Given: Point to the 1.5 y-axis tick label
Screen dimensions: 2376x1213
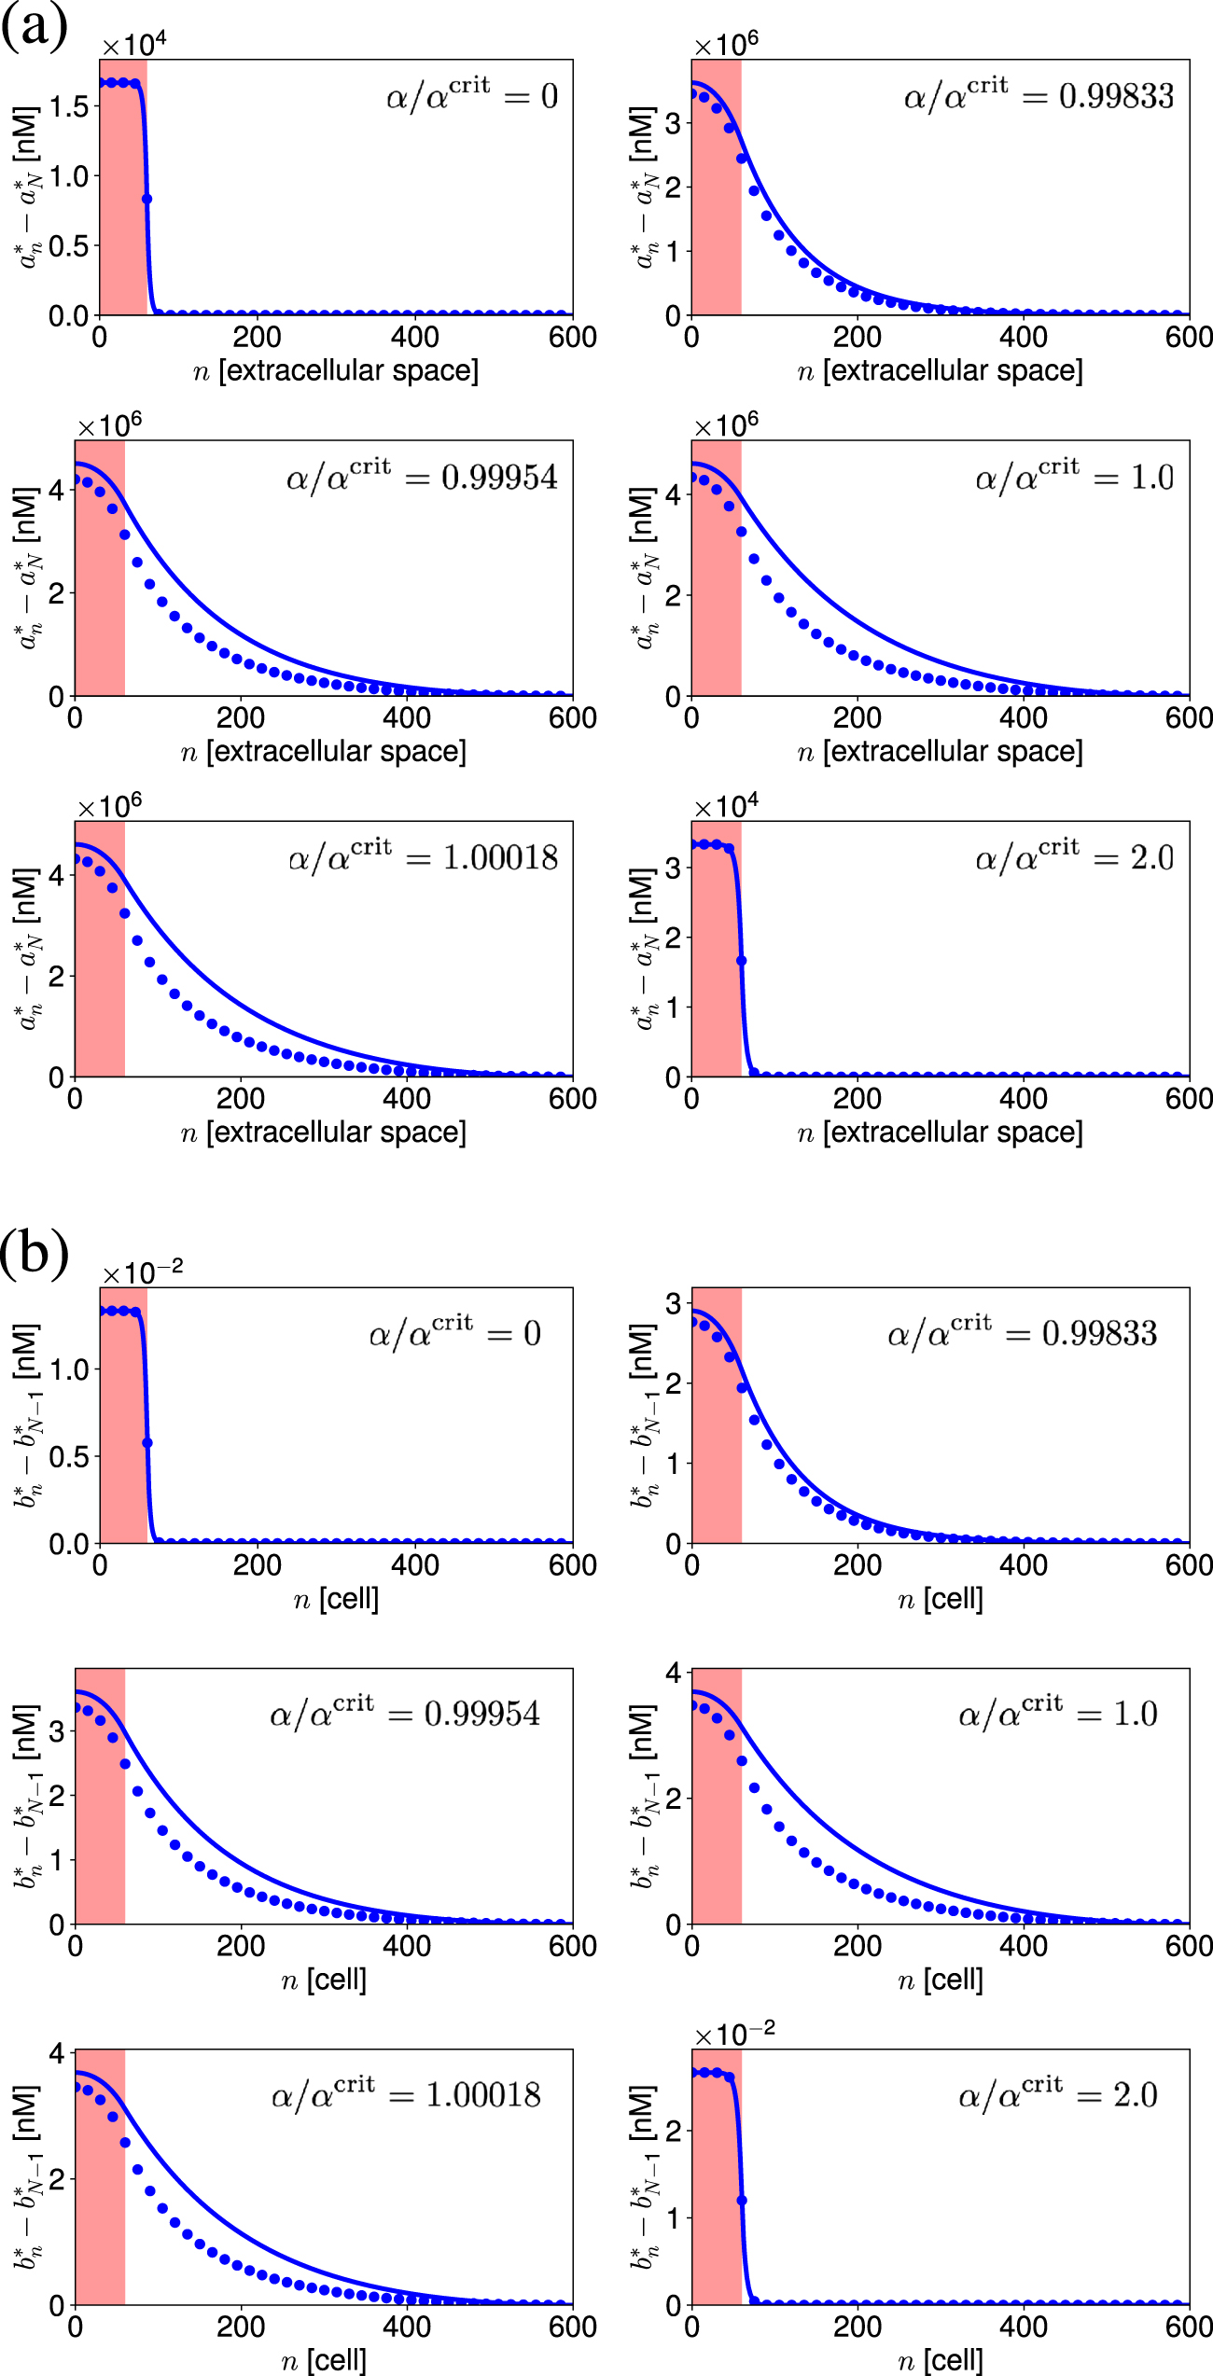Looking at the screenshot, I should [69, 107].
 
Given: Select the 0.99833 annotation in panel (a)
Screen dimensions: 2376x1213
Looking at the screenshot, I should [1116, 97].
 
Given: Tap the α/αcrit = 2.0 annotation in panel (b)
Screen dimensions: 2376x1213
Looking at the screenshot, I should [1057, 2095].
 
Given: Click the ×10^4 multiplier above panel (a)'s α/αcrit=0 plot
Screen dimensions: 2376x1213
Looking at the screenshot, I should [133, 45].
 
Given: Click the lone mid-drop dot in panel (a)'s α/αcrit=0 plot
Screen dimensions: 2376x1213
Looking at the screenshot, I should [146, 199].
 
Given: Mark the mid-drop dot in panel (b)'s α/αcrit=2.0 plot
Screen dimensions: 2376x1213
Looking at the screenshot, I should [742, 2200].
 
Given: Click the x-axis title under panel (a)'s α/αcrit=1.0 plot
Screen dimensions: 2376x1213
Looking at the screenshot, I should [940, 752].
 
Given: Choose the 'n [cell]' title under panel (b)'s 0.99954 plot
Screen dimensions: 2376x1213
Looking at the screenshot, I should [324, 1980].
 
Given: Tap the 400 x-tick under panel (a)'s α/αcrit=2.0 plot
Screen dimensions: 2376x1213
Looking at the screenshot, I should [1023, 1099].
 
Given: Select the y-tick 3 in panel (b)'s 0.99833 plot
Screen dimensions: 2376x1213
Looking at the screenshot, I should [674, 1303].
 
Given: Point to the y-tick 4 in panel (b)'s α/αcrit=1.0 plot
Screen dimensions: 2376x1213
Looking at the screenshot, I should [674, 1673].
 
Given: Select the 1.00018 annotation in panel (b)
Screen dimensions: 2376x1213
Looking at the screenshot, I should [482, 2095].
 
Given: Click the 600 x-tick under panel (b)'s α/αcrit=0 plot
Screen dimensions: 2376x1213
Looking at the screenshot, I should [572, 1565].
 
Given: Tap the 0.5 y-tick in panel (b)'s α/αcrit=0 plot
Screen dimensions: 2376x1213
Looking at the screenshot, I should [69, 1457].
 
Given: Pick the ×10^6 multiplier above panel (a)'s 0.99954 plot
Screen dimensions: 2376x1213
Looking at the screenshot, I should [109, 425].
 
